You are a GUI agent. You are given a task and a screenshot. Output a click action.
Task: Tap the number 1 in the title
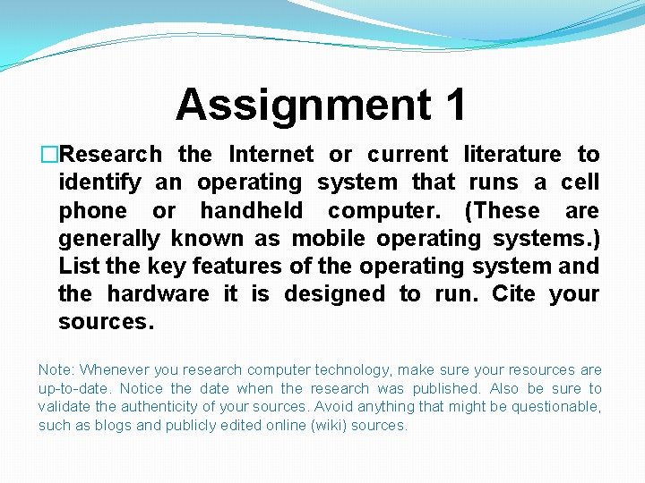click(x=454, y=105)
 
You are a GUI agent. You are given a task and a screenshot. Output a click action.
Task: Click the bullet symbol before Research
click(x=48, y=155)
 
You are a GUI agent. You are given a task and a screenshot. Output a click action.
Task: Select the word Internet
click(x=271, y=155)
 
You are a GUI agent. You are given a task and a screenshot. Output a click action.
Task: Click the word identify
click(x=99, y=182)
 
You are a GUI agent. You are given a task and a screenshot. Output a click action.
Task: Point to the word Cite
click(x=513, y=294)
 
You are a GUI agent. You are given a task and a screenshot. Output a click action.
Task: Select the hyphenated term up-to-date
click(x=75, y=389)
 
